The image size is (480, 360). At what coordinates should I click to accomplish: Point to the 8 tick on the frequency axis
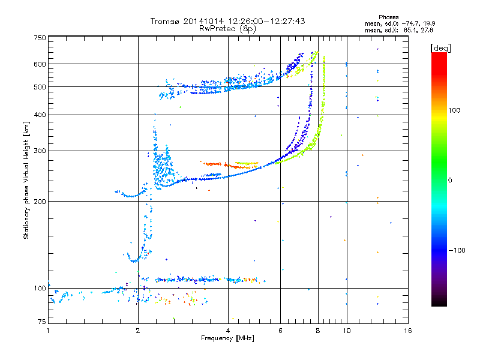pos(318,331)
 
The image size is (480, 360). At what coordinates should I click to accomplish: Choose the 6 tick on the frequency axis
pos(281,331)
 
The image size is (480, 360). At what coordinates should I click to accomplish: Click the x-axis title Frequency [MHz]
pos(228,339)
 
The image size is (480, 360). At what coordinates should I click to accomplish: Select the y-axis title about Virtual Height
pos(26,181)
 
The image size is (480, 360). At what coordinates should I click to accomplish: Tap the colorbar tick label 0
pos(450,180)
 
